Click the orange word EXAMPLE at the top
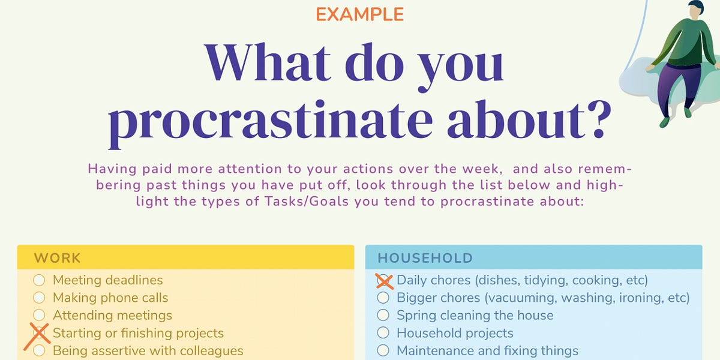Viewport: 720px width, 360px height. point(359,14)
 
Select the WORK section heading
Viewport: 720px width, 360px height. point(58,259)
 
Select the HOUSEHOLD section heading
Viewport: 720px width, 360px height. point(425,259)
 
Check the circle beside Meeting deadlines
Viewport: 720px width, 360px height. point(39,280)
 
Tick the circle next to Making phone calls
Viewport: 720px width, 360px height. point(39,298)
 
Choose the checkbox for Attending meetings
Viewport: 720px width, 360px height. point(39,315)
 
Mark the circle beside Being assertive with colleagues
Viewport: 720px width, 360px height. point(39,350)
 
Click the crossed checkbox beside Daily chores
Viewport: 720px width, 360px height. point(383,280)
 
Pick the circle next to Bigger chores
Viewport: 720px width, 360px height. point(383,298)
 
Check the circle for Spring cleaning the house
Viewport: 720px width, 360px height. point(383,315)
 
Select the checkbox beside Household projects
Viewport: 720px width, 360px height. point(383,333)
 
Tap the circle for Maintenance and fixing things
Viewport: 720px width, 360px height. point(383,350)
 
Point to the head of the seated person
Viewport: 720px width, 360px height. point(695,10)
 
